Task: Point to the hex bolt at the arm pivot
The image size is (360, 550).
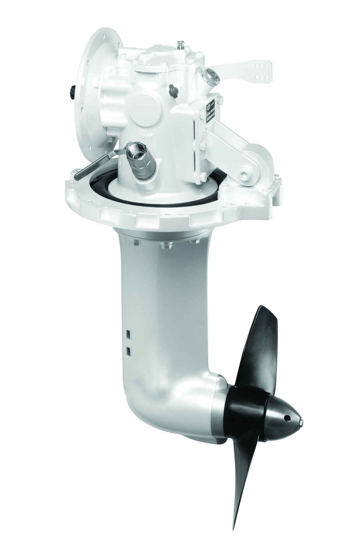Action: coord(244,175)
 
